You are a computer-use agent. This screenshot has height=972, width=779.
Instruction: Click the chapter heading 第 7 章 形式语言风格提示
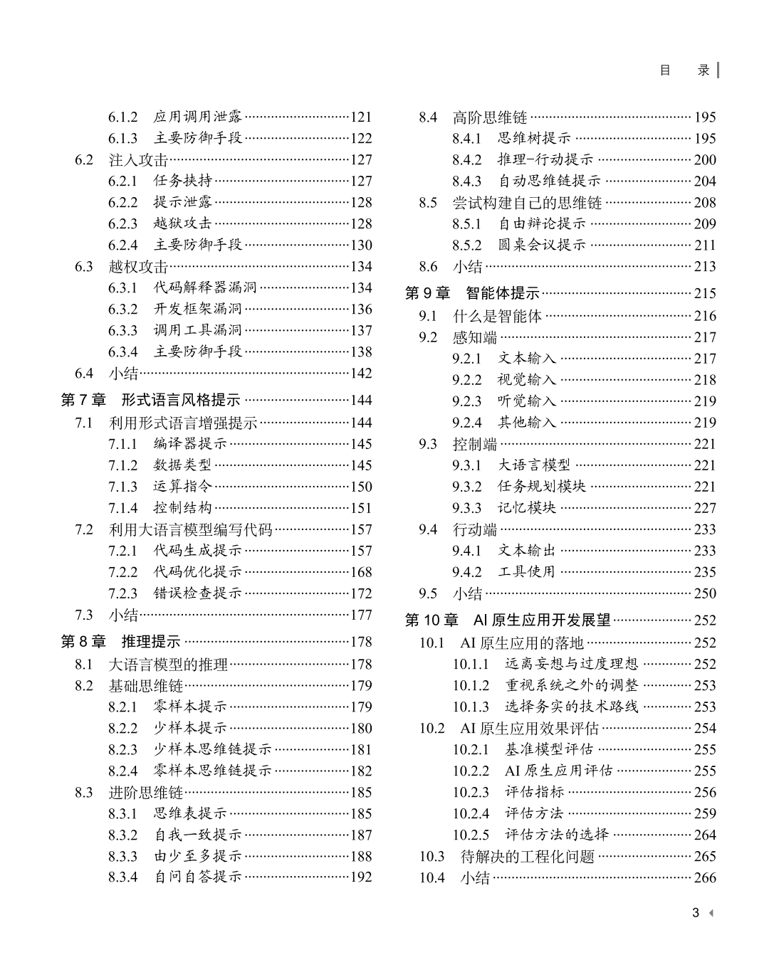click(x=150, y=401)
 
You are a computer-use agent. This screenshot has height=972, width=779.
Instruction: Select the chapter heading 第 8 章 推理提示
click(x=120, y=642)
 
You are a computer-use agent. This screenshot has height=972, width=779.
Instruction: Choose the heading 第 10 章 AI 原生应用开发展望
click(x=508, y=620)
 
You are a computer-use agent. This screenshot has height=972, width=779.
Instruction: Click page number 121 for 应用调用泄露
click(x=361, y=117)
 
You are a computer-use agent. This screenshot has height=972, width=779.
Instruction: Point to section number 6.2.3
click(x=122, y=224)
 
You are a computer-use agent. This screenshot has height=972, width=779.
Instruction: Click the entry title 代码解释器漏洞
click(x=205, y=288)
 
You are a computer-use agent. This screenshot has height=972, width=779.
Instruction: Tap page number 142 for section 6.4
click(x=361, y=374)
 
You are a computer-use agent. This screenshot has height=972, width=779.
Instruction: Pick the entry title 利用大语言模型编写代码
click(x=190, y=530)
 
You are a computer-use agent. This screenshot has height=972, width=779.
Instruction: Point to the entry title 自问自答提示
click(x=198, y=877)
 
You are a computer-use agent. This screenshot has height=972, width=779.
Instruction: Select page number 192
click(x=361, y=877)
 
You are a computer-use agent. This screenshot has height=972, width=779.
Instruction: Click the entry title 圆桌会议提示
click(x=542, y=245)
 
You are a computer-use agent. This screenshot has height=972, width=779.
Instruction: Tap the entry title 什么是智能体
click(x=497, y=317)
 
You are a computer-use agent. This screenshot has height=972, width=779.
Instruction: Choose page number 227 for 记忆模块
click(x=705, y=508)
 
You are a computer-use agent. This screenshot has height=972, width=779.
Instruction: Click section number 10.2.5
click(x=471, y=835)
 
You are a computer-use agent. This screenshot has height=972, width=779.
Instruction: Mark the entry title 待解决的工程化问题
click(x=527, y=857)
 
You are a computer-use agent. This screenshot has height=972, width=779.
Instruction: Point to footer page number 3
click(x=696, y=913)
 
